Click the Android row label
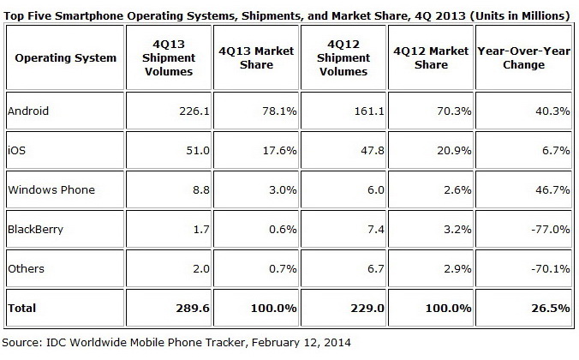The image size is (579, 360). point(27,111)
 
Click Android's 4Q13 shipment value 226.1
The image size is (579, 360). point(174,111)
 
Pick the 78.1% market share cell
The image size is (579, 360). point(266,111)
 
